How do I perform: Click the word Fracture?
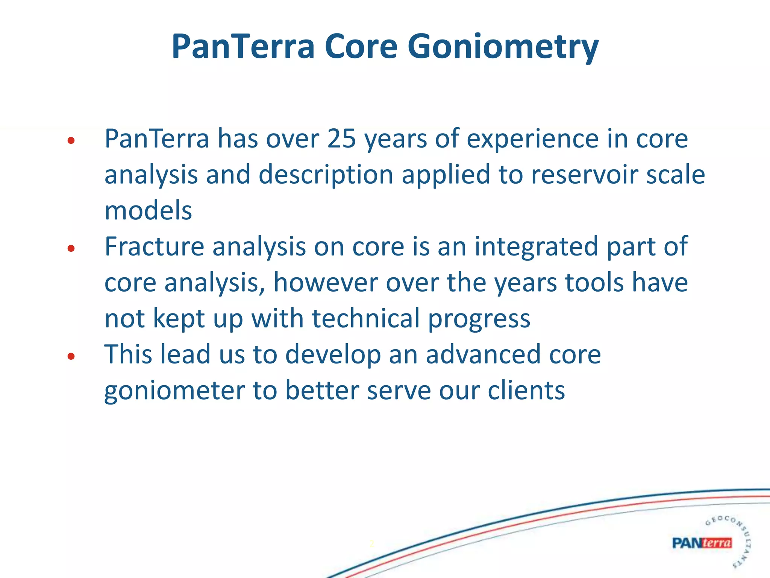(x=154, y=246)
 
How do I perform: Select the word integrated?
(x=536, y=246)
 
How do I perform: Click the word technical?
(x=365, y=318)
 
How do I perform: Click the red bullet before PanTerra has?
(x=71, y=141)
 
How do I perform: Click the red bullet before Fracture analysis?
(x=71, y=249)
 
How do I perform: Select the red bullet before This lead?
(x=71, y=356)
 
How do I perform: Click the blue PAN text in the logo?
(x=686, y=543)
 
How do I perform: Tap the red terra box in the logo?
(x=717, y=543)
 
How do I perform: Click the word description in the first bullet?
(x=326, y=175)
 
